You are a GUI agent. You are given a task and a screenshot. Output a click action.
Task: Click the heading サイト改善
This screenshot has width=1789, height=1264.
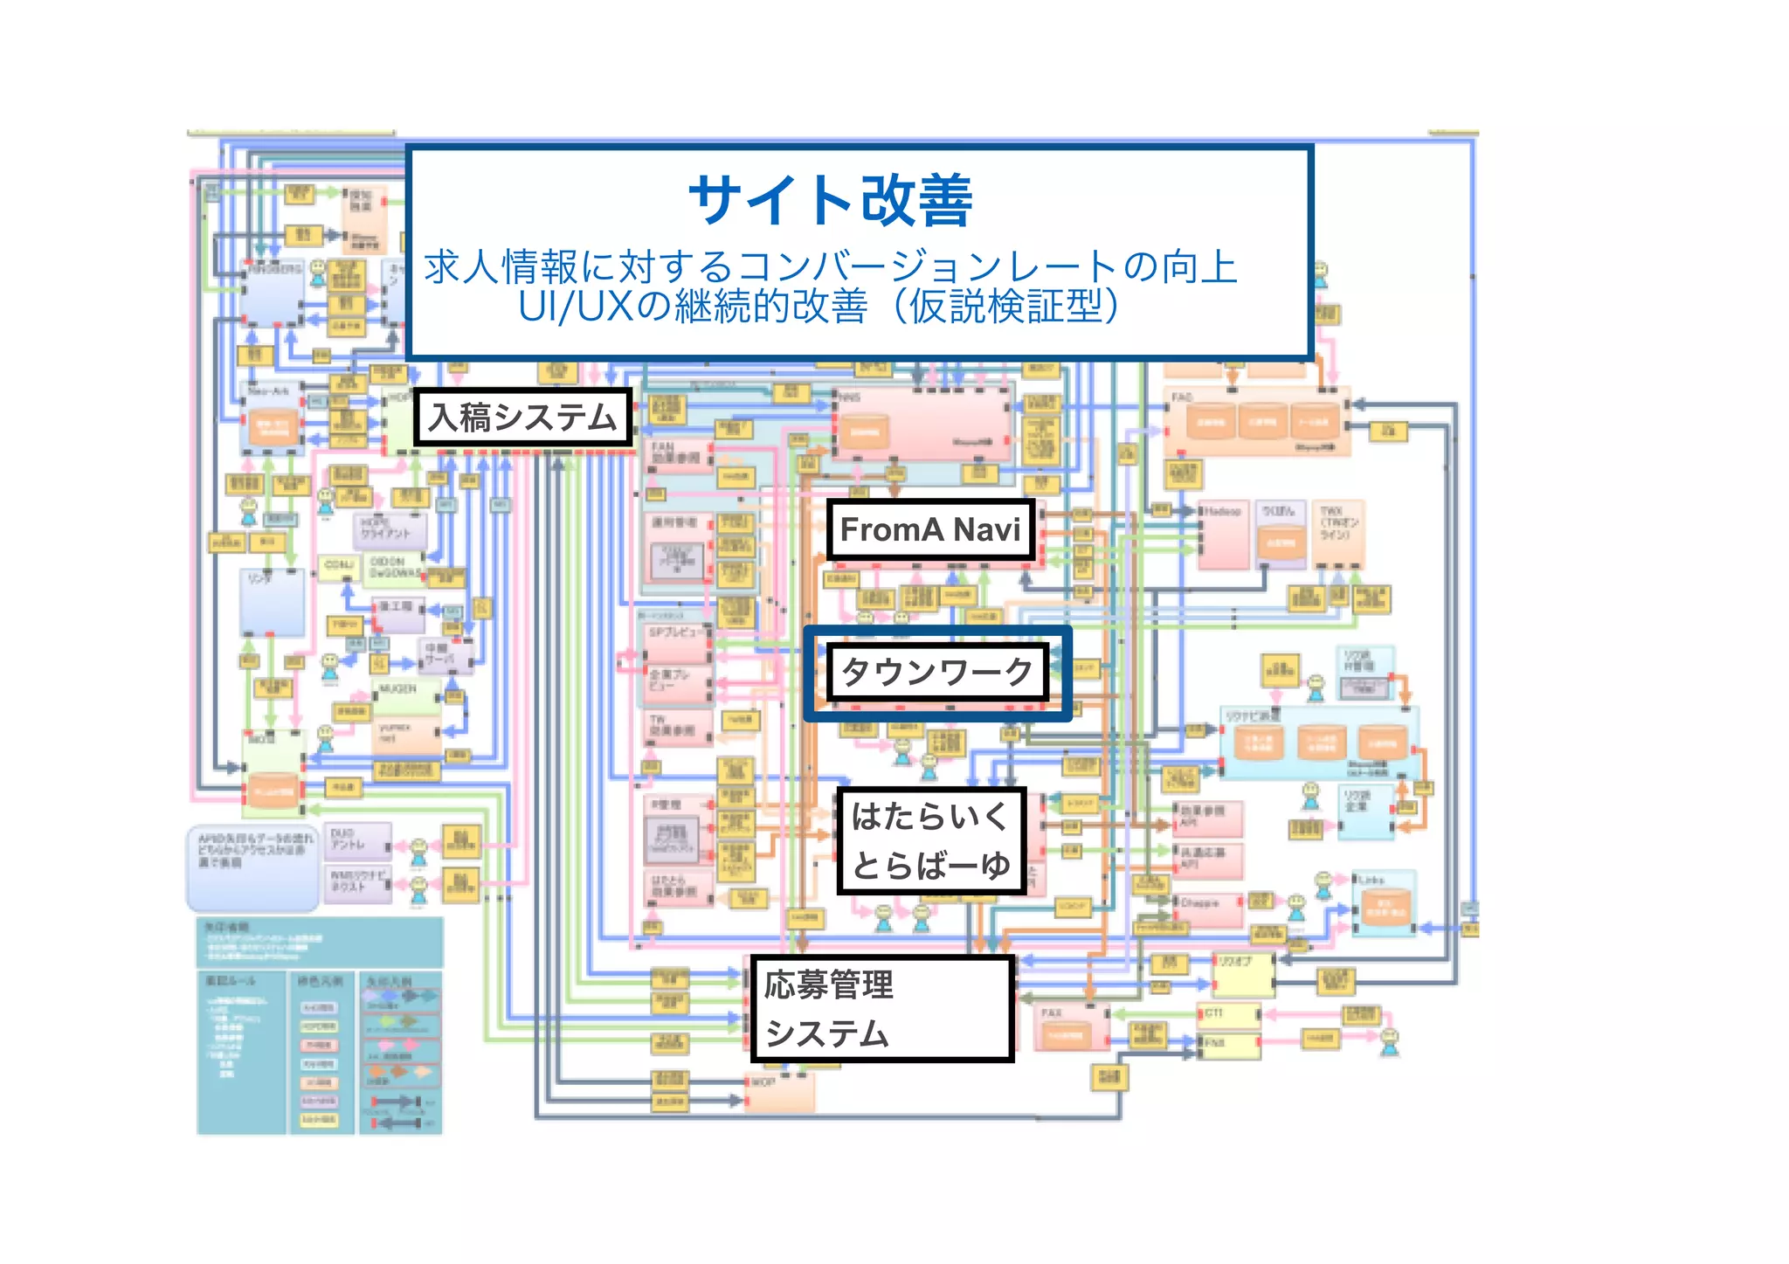830,201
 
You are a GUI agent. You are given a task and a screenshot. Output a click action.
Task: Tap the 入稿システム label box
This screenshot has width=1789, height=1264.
522,418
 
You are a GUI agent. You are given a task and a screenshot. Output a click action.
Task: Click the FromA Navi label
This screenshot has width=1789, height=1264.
930,529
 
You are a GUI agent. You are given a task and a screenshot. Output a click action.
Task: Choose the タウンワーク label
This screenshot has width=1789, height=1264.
936,672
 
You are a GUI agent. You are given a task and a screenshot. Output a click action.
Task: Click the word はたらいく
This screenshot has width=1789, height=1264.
929,817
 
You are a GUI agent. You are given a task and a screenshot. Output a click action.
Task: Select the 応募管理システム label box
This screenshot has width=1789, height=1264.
882,1009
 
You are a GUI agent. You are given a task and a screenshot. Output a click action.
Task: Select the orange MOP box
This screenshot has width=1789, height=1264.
780,1092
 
